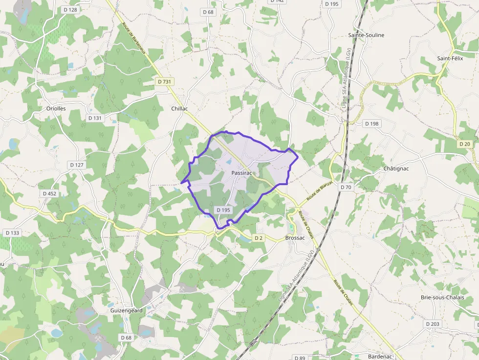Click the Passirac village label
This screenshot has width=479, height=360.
pyautogui.click(x=242, y=173)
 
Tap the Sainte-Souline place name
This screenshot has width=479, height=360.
pyautogui.click(x=366, y=35)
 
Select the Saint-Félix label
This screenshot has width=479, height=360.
pyautogui.click(x=450, y=58)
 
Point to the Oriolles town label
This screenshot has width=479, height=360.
pyautogui.click(x=56, y=108)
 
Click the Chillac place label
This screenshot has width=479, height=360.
pyautogui.click(x=179, y=108)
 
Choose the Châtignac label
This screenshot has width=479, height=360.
pyautogui.click(x=396, y=169)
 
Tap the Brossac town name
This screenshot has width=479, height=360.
pyautogui.click(x=295, y=238)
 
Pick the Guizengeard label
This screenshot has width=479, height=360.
pyautogui.click(x=126, y=310)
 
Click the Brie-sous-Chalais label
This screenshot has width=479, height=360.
pyautogui.click(x=443, y=297)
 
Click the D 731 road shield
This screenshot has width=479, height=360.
pyautogui.click(x=164, y=82)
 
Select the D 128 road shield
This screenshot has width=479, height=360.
pyautogui.click(x=70, y=10)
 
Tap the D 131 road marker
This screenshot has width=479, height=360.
pyautogui.click(x=95, y=118)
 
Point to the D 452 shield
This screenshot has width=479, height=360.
pyautogui.click(x=49, y=193)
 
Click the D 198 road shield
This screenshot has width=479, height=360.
pyautogui.click(x=372, y=124)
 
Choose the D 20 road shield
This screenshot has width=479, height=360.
pyautogui.click(x=464, y=144)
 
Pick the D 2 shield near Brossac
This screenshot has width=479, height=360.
pyautogui.click(x=259, y=238)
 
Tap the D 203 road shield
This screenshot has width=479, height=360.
pyautogui.click(x=433, y=324)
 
